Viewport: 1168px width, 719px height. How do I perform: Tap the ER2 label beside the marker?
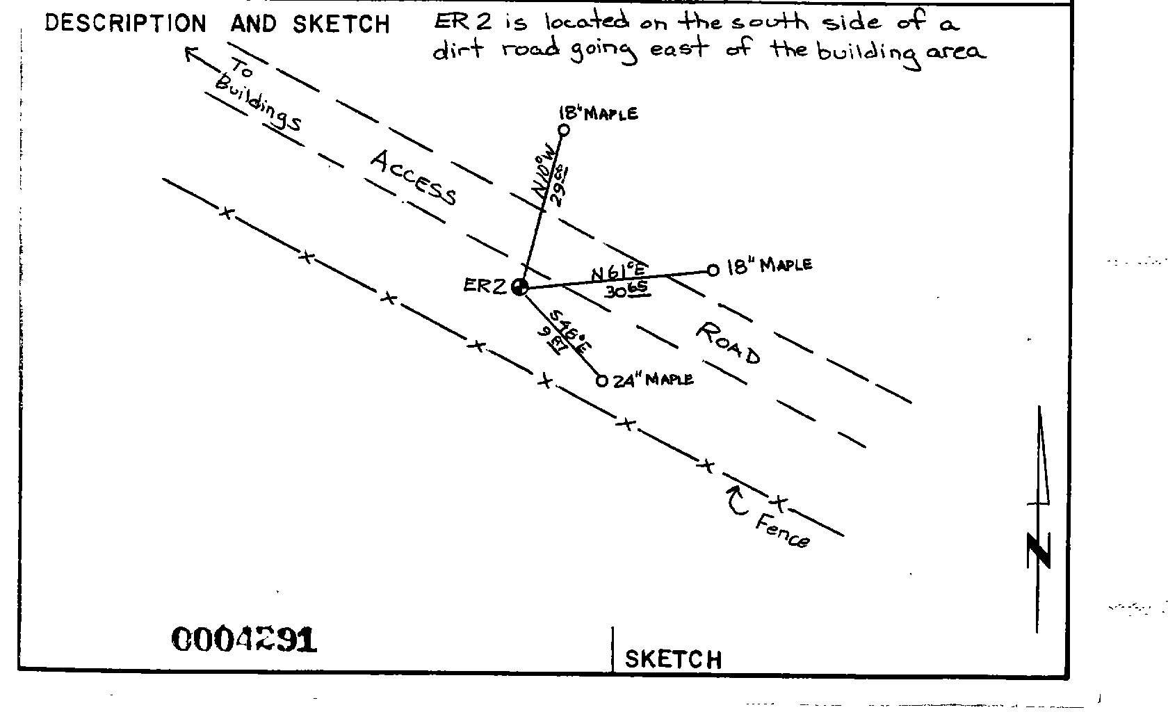click(485, 286)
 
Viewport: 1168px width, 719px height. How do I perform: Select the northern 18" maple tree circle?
click(564, 129)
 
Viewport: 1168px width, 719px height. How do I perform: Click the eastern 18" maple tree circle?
click(713, 270)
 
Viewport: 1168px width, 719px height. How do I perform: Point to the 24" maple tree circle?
click(601, 381)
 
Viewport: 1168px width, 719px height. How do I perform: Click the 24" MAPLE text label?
click(653, 380)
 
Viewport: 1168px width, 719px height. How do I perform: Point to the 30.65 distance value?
click(627, 291)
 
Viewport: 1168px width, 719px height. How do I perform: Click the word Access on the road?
click(414, 178)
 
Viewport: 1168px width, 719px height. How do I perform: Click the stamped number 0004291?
click(243, 640)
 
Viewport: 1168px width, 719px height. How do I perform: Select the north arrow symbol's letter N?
click(1039, 551)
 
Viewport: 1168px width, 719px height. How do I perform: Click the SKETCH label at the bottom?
click(673, 659)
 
